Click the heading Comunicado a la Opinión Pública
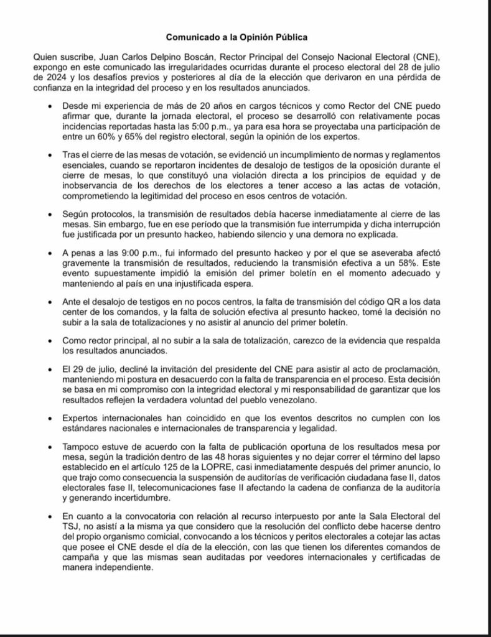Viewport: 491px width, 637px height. pos(245,37)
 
